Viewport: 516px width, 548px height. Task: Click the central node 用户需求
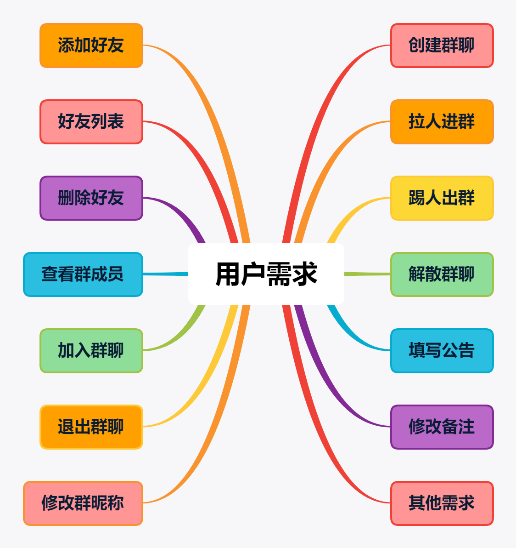coord(266,274)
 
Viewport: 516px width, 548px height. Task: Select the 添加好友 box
coord(91,46)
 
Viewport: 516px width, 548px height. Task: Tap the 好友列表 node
coord(91,122)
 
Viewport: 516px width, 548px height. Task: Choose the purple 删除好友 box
coord(91,198)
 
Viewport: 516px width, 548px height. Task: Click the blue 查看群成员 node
coord(83,274)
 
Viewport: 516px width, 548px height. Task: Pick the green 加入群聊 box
coord(91,351)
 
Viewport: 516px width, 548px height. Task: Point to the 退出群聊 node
coord(91,427)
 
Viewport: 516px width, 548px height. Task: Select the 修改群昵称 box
coord(83,503)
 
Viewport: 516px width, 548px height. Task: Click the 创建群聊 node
coord(442,46)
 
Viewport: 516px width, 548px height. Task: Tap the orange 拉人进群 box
coord(442,122)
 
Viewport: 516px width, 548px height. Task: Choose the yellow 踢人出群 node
coord(442,198)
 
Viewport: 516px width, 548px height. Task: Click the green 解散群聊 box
coord(442,274)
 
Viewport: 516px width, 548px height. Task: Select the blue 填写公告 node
coord(442,351)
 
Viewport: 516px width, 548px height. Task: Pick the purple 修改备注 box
coord(442,427)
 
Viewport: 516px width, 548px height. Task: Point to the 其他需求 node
coord(442,503)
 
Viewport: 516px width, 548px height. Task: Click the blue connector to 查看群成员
coord(165,274)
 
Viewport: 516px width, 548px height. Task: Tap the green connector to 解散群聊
coord(367,274)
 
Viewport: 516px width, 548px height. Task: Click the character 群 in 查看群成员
coord(83,274)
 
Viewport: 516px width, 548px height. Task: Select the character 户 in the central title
coord(253,274)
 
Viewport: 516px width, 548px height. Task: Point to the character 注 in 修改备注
coord(466,427)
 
